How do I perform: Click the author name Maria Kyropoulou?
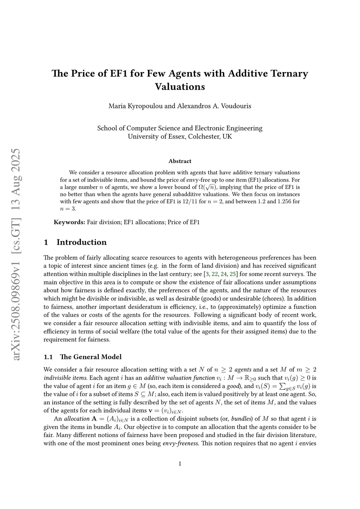(x=136, y=106)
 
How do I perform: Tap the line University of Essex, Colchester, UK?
(x=180, y=136)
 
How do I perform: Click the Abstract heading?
(x=180, y=161)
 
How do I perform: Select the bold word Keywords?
(x=70, y=222)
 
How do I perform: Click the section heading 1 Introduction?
(x=75, y=242)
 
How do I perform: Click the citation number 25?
(x=233, y=274)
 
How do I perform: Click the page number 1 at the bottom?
(x=180, y=464)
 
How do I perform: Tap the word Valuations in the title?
(x=180, y=86)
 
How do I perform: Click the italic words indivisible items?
(x=65, y=378)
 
